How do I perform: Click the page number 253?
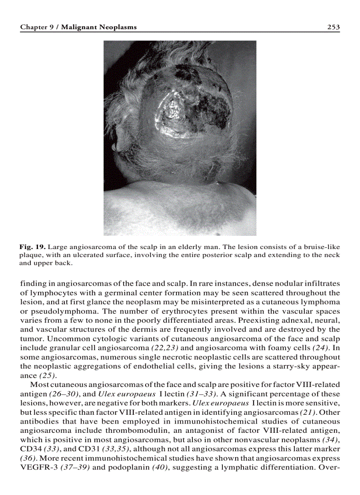pos(333,27)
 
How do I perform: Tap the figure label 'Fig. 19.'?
pos(33,247)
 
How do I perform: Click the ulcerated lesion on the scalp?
pos(194,106)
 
